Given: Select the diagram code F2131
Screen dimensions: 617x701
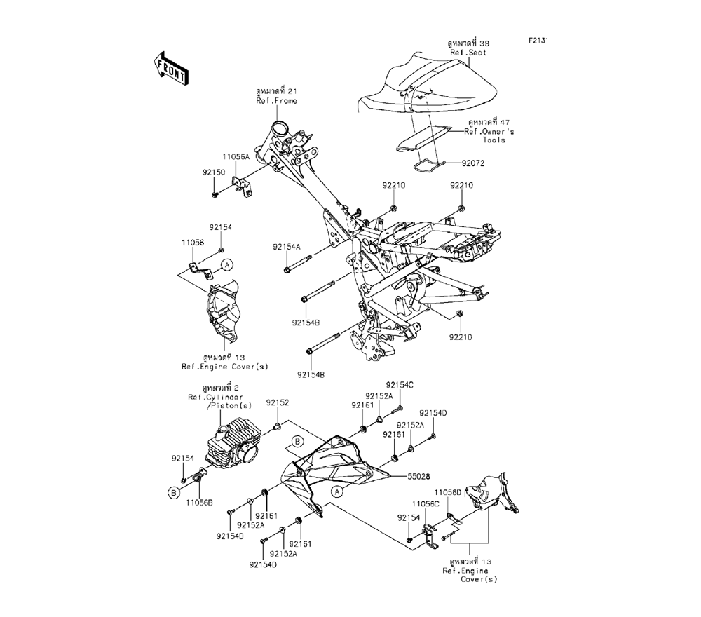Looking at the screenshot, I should tap(538, 41).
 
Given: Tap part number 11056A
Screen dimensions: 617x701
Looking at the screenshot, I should tap(236, 158).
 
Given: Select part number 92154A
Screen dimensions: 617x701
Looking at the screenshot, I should tap(287, 247).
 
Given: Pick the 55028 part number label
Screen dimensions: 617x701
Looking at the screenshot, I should tap(421, 475).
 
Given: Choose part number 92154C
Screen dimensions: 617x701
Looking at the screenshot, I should tap(400, 385).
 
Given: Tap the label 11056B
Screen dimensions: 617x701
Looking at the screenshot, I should tap(199, 502).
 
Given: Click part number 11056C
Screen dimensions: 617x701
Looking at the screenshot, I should tap(426, 503).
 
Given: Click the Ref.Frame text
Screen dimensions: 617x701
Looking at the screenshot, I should tap(276, 101).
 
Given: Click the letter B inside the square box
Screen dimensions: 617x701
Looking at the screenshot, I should tap(297, 440).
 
